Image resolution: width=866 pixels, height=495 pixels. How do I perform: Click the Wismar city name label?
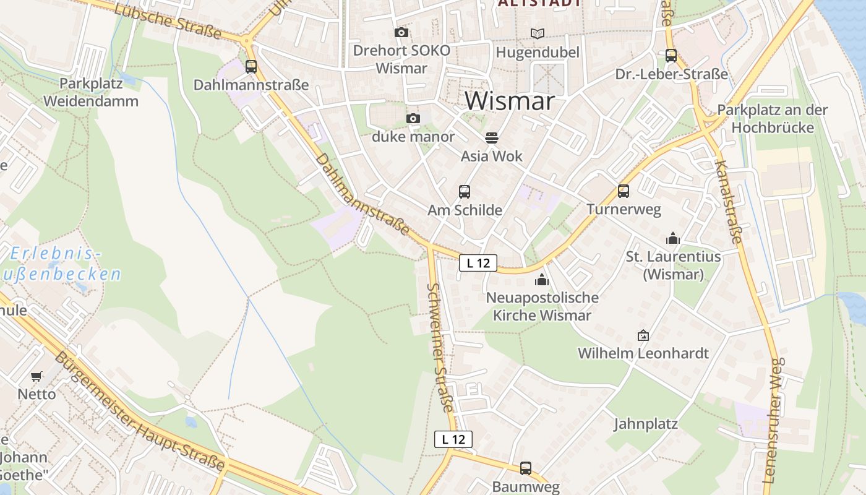(510, 101)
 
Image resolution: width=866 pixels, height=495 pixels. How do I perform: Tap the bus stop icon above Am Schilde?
(465, 192)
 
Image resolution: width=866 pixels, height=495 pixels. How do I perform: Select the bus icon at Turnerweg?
(624, 191)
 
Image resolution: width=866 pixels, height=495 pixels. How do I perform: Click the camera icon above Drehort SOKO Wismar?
(401, 32)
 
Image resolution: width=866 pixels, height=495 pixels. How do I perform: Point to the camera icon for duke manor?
(413, 118)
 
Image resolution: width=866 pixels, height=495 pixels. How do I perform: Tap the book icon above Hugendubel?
(538, 33)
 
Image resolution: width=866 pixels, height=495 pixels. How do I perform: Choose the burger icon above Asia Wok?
(492, 137)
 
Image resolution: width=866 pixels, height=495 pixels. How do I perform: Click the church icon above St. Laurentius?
(673, 238)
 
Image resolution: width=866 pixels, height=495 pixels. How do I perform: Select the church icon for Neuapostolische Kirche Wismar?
(542, 279)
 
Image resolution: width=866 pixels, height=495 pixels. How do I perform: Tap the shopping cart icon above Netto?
(36, 376)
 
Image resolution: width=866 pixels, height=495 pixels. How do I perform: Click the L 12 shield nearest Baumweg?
(453, 439)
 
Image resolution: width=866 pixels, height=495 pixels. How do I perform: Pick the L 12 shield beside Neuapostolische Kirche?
(478, 263)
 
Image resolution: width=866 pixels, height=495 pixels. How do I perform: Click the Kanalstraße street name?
(728, 201)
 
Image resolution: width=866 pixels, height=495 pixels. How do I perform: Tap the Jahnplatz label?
(646, 424)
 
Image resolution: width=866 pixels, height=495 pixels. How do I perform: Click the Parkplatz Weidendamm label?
(91, 92)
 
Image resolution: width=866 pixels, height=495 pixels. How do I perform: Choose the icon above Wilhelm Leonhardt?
(643, 335)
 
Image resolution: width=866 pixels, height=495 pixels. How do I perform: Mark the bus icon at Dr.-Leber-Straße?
(671, 56)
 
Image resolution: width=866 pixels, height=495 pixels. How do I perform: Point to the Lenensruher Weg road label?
(774, 421)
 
